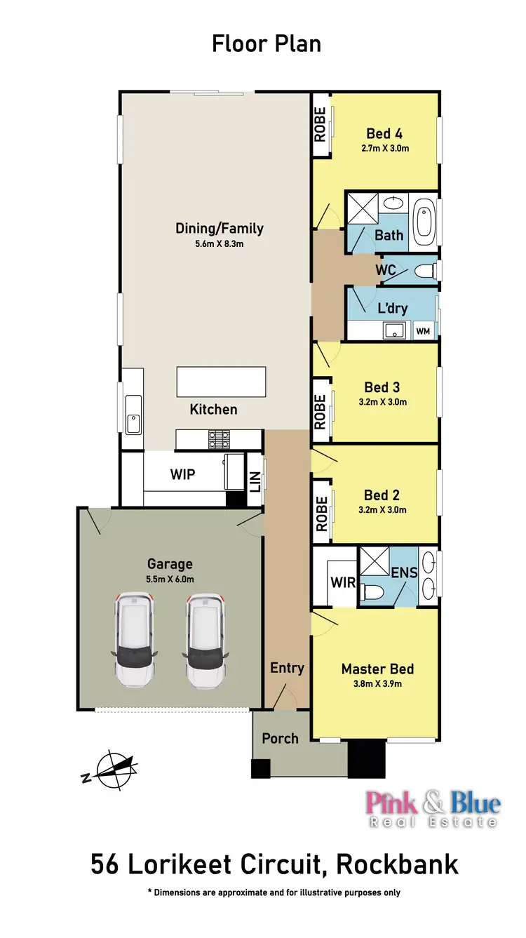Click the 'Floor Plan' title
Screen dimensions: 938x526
tap(267, 43)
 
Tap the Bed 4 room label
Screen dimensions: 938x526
tap(384, 133)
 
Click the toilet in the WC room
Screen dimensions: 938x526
tap(425, 271)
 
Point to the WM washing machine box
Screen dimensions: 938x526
tap(423, 330)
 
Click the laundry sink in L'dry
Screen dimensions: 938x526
tap(391, 330)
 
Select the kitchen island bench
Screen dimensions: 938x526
tap(221, 382)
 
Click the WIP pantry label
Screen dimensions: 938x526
tap(182, 474)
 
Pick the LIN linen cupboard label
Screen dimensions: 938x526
tap(255, 481)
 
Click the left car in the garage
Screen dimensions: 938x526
tap(133, 640)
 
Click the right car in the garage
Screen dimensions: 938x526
tap(206, 640)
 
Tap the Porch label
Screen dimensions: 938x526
tap(280, 738)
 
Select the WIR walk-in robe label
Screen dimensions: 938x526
tap(342, 582)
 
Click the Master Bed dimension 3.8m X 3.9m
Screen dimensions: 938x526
tap(377, 683)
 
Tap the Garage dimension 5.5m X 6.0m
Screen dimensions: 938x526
tap(170, 579)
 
